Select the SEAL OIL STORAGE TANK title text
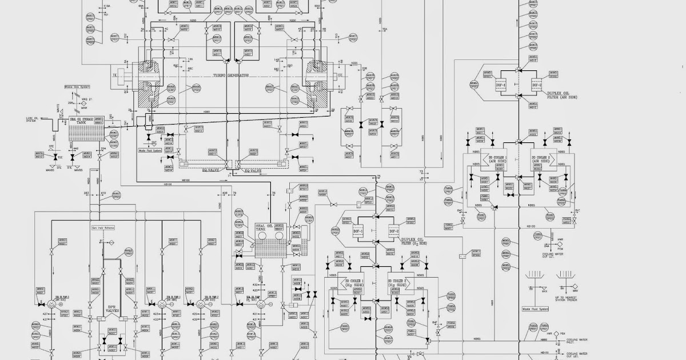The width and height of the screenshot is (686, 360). pyautogui.click(x=84, y=120)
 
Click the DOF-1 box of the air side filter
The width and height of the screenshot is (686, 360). pyautogui.click(x=501, y=85)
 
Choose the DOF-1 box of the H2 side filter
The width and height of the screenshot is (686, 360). pyautogui.click(x=358, y=231)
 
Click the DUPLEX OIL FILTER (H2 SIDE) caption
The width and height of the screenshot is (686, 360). pyautogui.click(x=414, y=242)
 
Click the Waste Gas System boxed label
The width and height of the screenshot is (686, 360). pyautogui.click(x=77, y=87)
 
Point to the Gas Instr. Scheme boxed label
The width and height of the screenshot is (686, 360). pyautogui.click(x=103, y=227)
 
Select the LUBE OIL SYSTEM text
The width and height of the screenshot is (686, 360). pyautogui.click(x=35, y=120)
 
